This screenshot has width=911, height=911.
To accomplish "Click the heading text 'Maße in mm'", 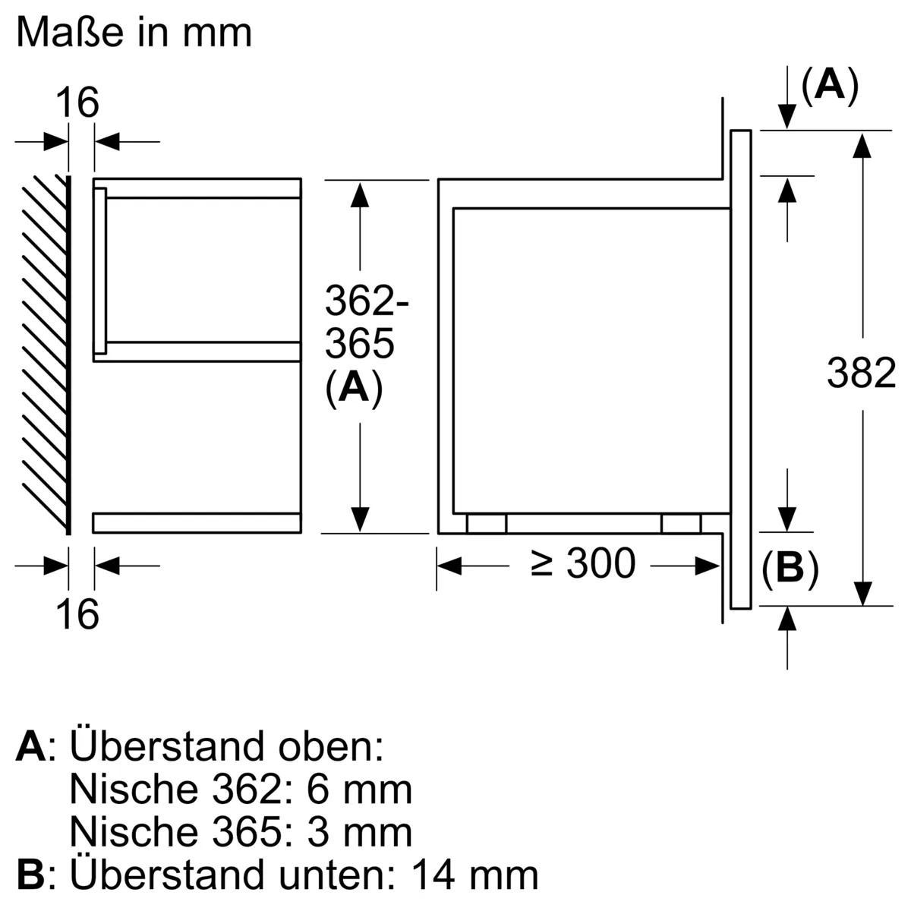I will pos(134,33).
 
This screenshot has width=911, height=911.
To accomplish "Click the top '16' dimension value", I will pos(78,102).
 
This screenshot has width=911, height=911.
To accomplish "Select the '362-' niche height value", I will pos(366,302).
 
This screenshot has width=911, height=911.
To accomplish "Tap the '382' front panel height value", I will pos(861,374).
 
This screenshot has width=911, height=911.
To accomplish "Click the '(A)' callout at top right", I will pos(829,85).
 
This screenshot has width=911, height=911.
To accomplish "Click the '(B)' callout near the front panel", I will pos(790,569).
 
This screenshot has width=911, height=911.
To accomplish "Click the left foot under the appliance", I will pos(487,524).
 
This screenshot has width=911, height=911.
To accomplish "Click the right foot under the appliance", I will pos(681,524).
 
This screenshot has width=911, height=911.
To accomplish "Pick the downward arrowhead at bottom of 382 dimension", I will pos(861,592).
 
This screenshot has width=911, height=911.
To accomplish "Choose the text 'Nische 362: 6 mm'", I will pos(241,789).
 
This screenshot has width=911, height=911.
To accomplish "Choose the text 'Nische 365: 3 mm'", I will pos(241,831).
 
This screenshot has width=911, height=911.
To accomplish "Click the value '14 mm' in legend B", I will pos(474,874).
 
